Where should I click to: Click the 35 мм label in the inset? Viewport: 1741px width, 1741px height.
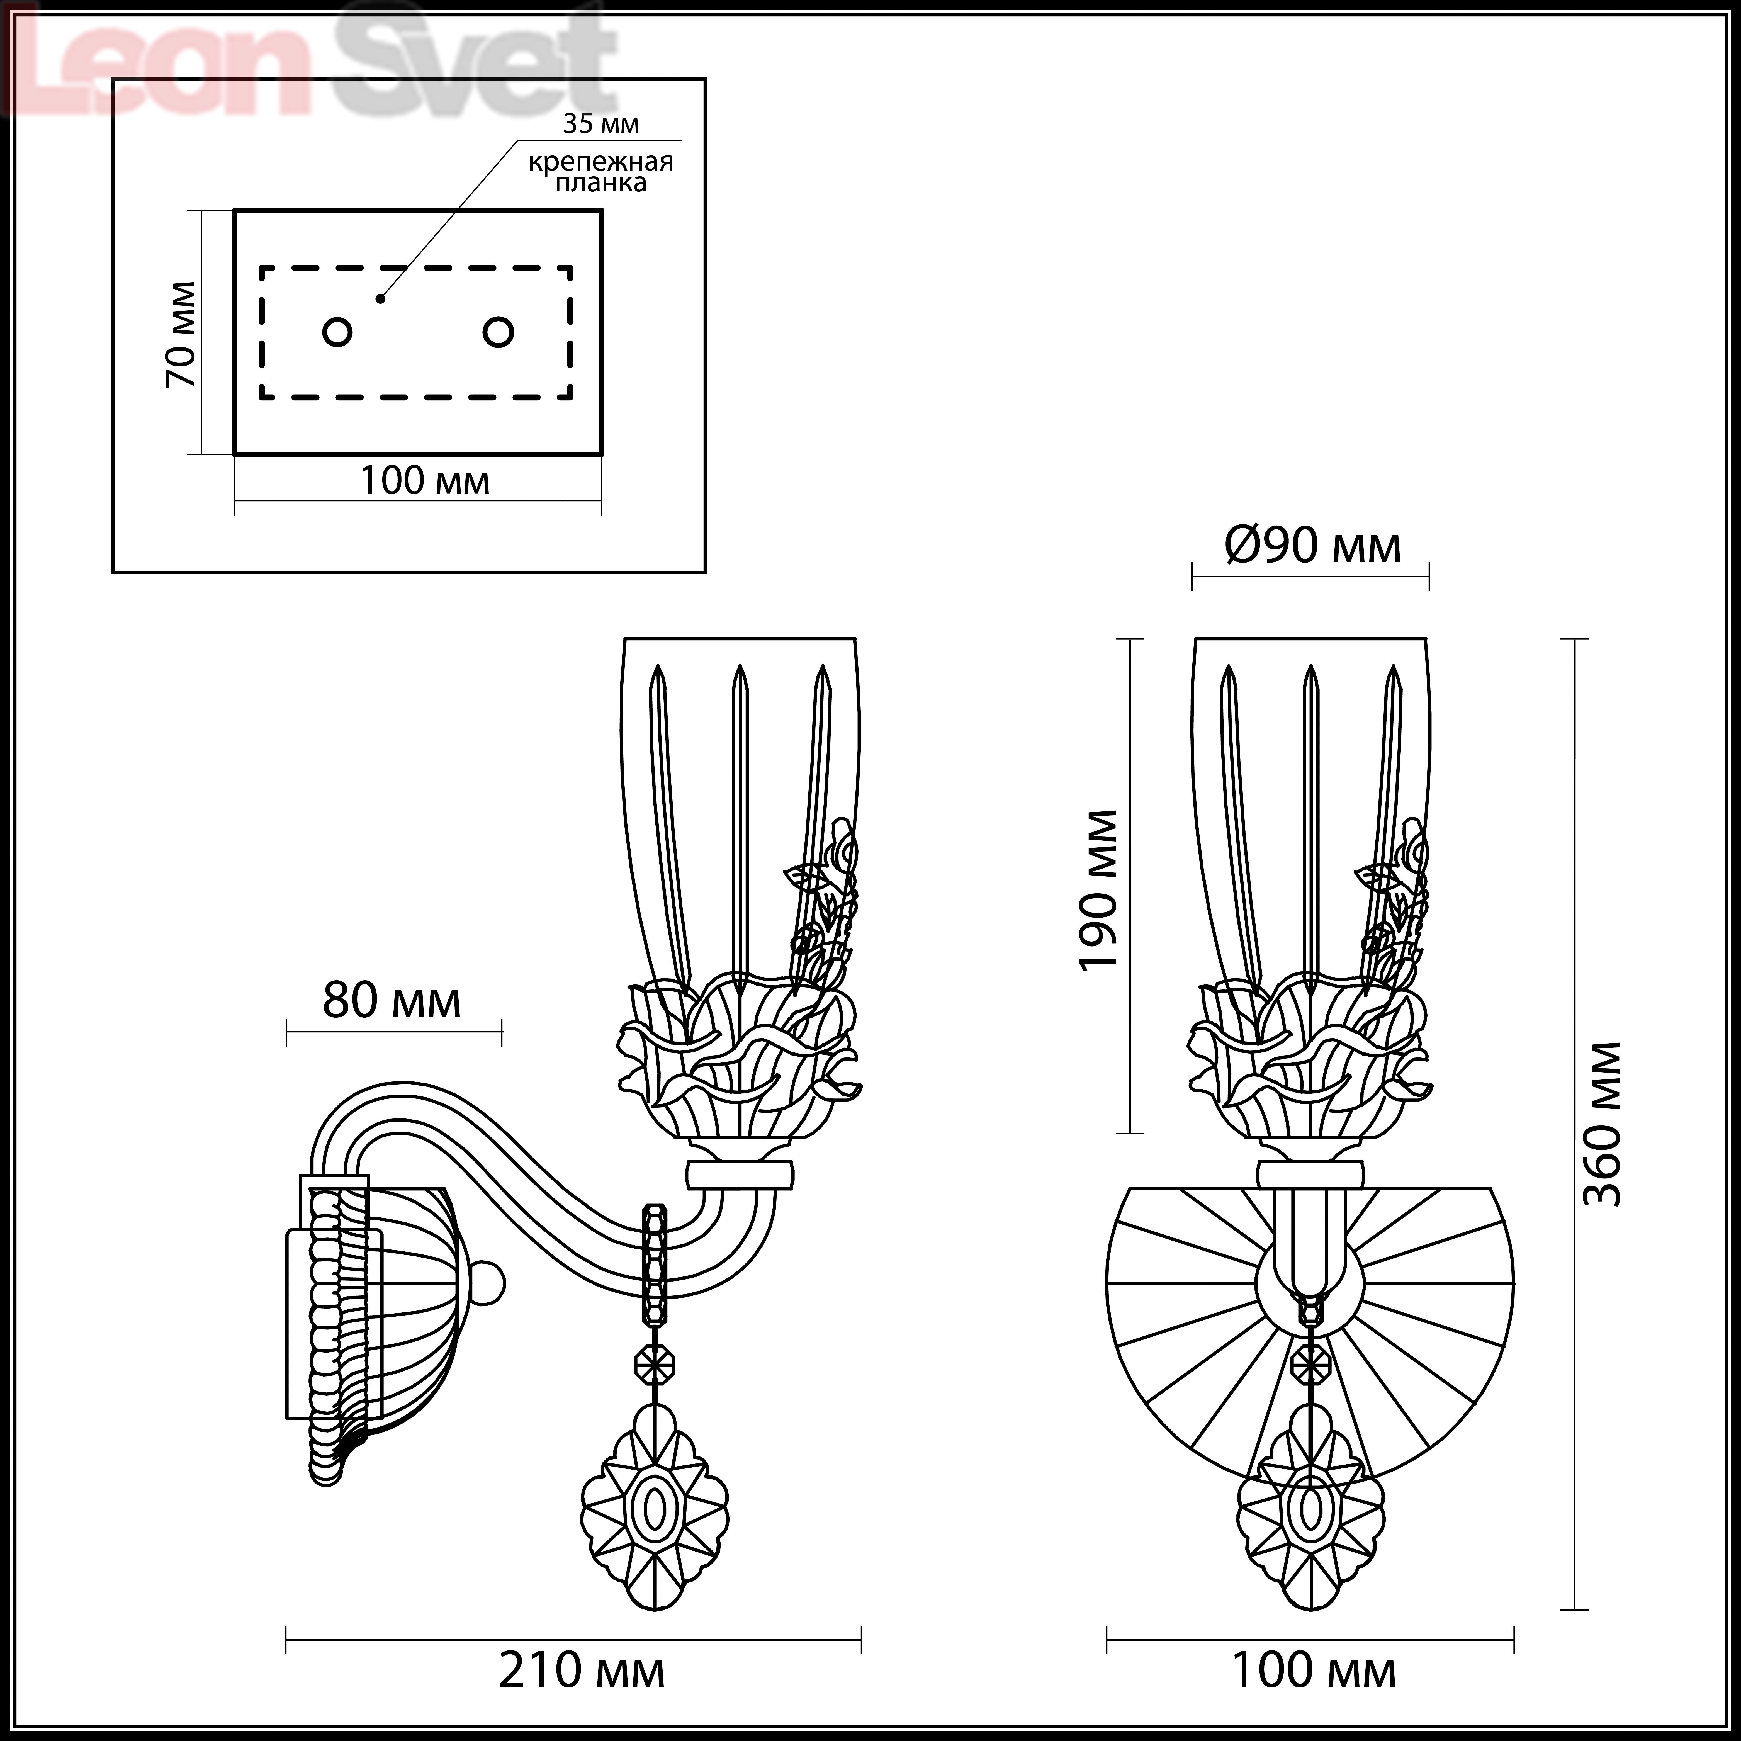(x=601, y=123)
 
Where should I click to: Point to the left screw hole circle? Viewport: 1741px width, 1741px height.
(x=337, y=332)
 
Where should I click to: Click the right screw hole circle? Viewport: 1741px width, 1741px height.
(x=498, y=332)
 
